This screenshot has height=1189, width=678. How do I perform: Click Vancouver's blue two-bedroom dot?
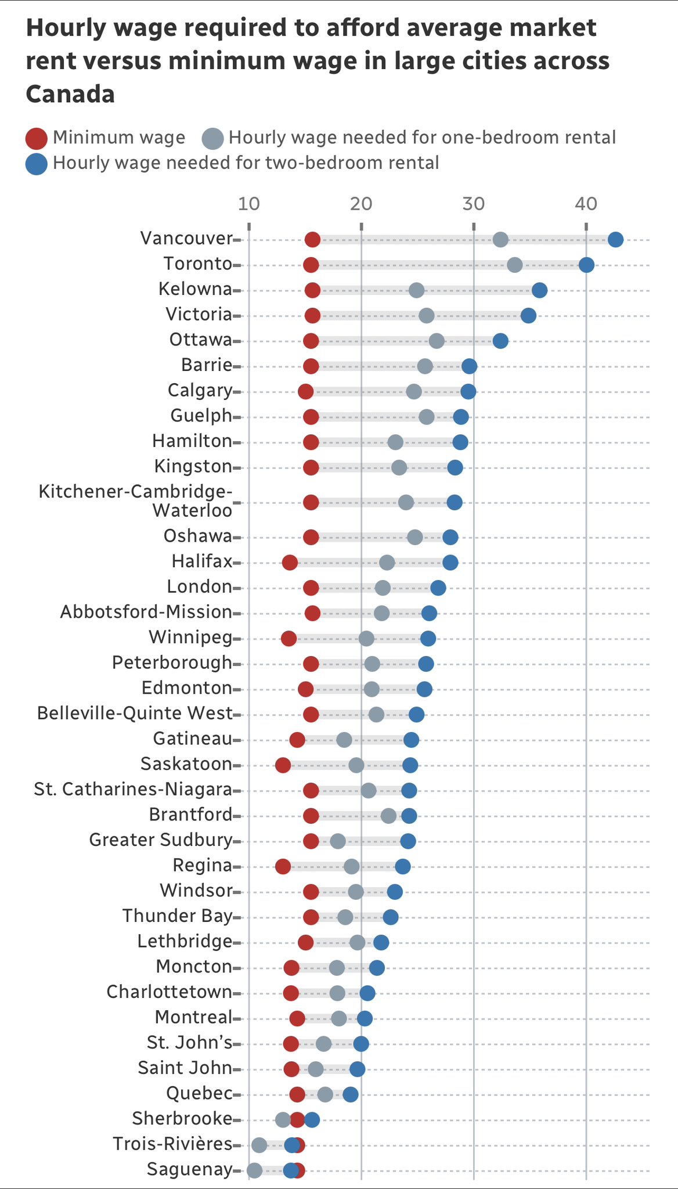615,239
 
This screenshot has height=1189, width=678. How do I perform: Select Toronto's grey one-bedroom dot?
514,265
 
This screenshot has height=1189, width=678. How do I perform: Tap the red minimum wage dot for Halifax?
290,562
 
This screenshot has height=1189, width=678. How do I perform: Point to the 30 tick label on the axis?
474,204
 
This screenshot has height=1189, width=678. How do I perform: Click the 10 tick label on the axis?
248,204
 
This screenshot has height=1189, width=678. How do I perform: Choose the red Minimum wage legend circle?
37,139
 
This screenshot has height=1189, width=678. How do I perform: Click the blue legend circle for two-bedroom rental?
37,164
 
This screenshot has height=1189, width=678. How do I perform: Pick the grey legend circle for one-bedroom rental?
212,139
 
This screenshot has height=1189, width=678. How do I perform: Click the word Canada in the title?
70,94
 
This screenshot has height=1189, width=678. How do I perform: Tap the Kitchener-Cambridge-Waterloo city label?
135,500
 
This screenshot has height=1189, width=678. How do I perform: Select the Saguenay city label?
189,1169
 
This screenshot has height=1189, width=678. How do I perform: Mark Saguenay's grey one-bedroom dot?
254,1170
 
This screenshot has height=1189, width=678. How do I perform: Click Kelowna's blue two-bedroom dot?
539,290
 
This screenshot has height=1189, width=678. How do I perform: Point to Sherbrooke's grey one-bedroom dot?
283,1119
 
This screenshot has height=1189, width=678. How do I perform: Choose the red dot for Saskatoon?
283,765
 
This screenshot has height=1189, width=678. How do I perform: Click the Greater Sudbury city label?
160,839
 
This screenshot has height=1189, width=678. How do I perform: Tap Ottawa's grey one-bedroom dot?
437,341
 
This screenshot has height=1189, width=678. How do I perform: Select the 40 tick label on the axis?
586,204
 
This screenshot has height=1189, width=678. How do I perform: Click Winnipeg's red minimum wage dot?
288,639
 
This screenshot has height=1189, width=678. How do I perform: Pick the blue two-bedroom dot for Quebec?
351,1094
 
